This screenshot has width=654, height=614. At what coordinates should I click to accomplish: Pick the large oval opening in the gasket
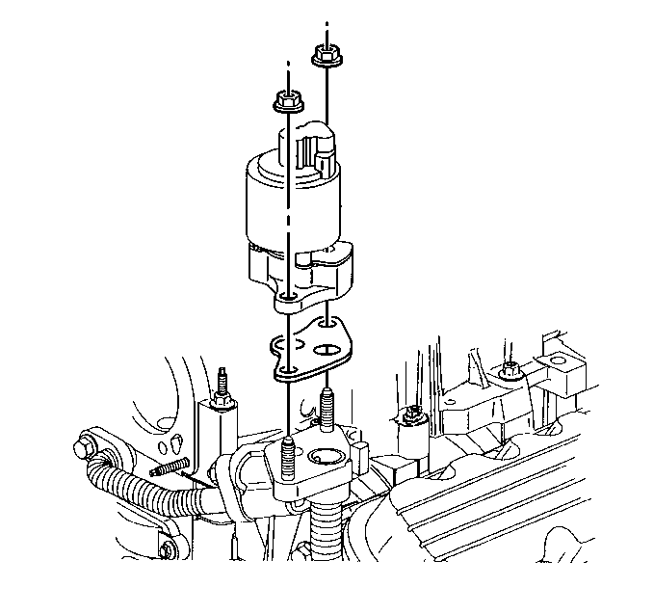tap(326, 349)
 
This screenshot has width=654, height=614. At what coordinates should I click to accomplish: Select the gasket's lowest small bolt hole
tap(289, 369)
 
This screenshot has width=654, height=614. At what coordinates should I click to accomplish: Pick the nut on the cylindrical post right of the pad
tap(412, 415)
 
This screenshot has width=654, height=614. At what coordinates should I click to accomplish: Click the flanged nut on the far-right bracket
tap(508, 369)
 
